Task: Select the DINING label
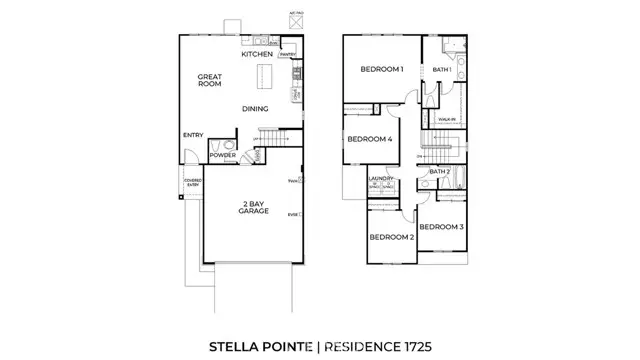pyautogui.click(x=257, y=108)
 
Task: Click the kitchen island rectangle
pyautogui.click(x=265, y=76)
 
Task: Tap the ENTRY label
pyautogui.click(x=193, y=135)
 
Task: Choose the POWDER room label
pyautogui.click(x=222, y=156)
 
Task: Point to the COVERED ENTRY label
pyautogui.click(x=192, y=183)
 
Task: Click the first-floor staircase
pyautogui.click(x=274, y=137)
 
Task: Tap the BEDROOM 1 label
pyautogui.click(x=381, y=69)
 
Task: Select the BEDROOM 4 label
pyautogui.click(x=369, y=140)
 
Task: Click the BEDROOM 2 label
pyautogui.click(x=391, y=237)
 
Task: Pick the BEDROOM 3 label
pyautogui.click(x=441, y=228)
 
